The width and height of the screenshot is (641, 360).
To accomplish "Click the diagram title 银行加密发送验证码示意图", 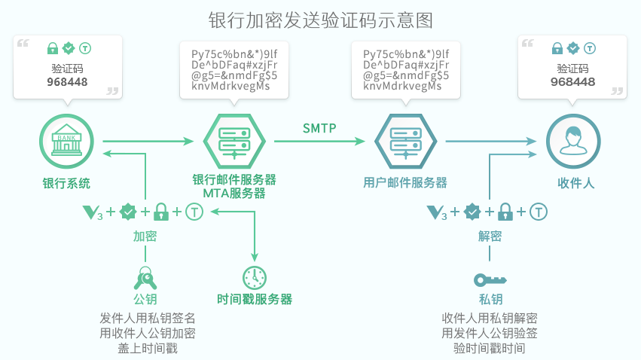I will [x=320, y=19].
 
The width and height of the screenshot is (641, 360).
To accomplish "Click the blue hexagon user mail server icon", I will [x=404, y=141].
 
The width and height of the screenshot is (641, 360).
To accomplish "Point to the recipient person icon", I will [x=573, y=141].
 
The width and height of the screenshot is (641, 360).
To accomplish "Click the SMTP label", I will [x=319, y=127].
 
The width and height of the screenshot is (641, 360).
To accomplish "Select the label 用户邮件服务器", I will [x=404, y=182].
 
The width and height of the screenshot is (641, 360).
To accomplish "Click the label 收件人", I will [x=575, y=182].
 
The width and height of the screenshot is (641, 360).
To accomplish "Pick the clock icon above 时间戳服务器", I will [x=254, y=276].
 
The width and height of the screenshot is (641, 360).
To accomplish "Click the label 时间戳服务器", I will [x=254, y=299].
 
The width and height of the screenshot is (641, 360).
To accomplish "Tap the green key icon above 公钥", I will [x=145, y=279].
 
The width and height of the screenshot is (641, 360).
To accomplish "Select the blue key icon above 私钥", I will [x=490, y=280].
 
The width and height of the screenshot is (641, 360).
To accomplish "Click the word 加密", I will [x=145, y=236].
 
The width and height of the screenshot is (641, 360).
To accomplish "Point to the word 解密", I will [x=490, y=236].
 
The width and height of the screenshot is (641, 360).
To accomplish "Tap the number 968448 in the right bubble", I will [x=572, y=81].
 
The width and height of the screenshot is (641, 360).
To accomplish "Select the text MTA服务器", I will [x=234, y=194].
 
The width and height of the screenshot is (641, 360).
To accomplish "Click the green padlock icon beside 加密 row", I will [x=160, y=212].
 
